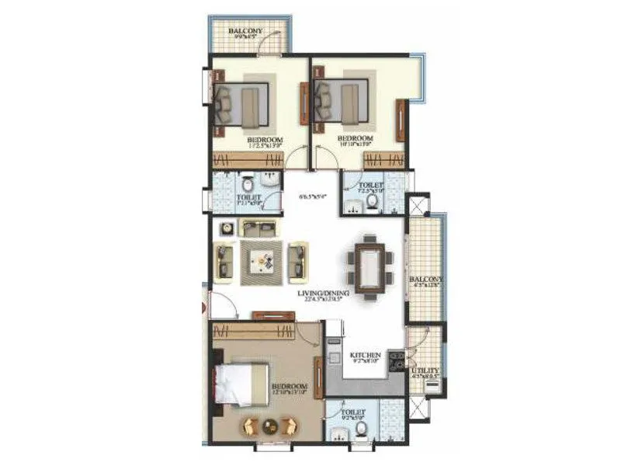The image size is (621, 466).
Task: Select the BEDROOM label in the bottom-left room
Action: (x=290, y=386)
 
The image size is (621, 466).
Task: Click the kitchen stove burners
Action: (x=395, y=360)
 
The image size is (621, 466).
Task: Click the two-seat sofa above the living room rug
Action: (x=258, y=228)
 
